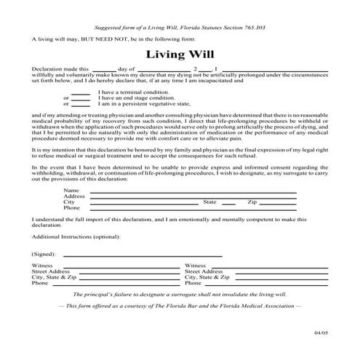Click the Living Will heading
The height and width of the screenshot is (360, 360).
click(x=179, y=54)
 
